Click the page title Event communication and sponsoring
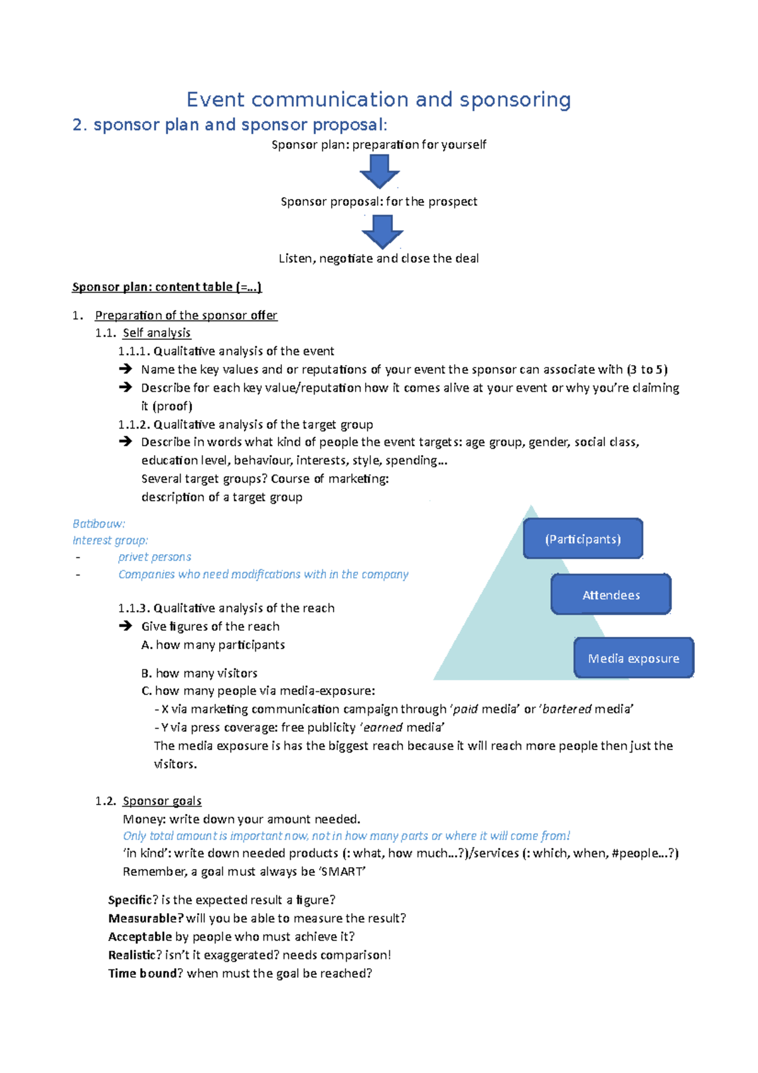coord(378,100)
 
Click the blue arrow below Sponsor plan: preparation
coord(379,171)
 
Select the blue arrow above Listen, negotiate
coord(382,231)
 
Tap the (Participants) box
coord(582,539)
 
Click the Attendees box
coord(610,595)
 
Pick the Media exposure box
coord(633,658)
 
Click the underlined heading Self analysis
coord(156,333)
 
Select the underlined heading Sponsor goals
coord(162,801)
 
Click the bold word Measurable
coord(145,918)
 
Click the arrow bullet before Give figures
coord(125,626)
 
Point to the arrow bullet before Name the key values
coord(125,368)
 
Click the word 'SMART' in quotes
coord(342,872)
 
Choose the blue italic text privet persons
coord(154,557)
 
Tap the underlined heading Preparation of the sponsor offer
coord(186,315)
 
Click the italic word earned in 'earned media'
coord(383,727)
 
